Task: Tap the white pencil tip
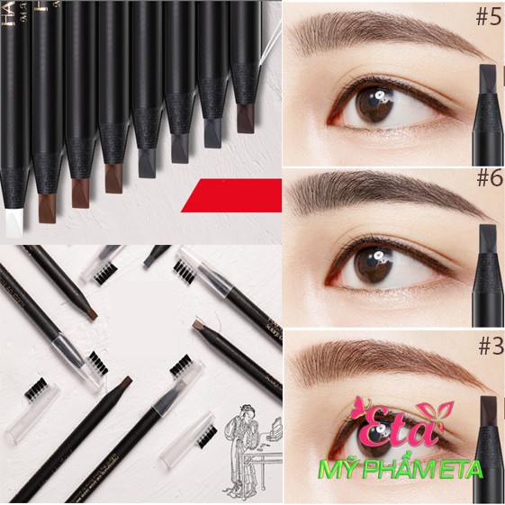(15, 220)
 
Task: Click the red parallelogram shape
(231, 195)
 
